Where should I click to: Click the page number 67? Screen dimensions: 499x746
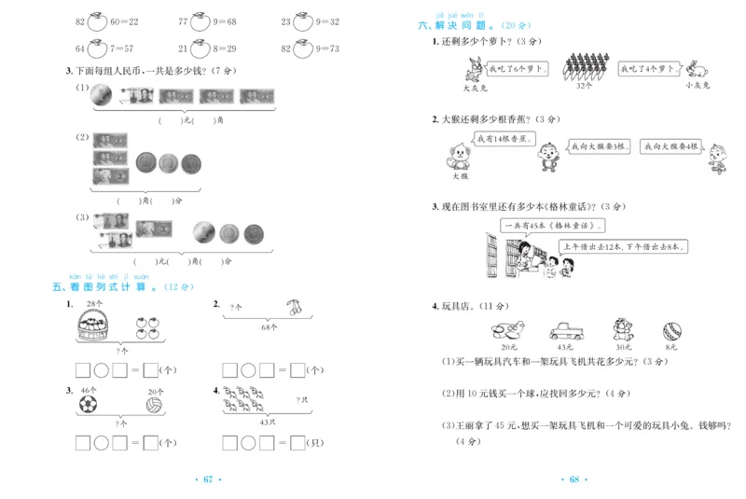pyautogui.click(x=209, y=479)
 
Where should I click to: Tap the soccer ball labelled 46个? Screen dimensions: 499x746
pyautogui.click(x=87, y=405)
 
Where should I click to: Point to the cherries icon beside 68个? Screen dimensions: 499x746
pyautogui.click(x=295, y=305)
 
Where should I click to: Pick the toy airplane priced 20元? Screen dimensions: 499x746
pyautogui.click(x=506, y=329)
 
